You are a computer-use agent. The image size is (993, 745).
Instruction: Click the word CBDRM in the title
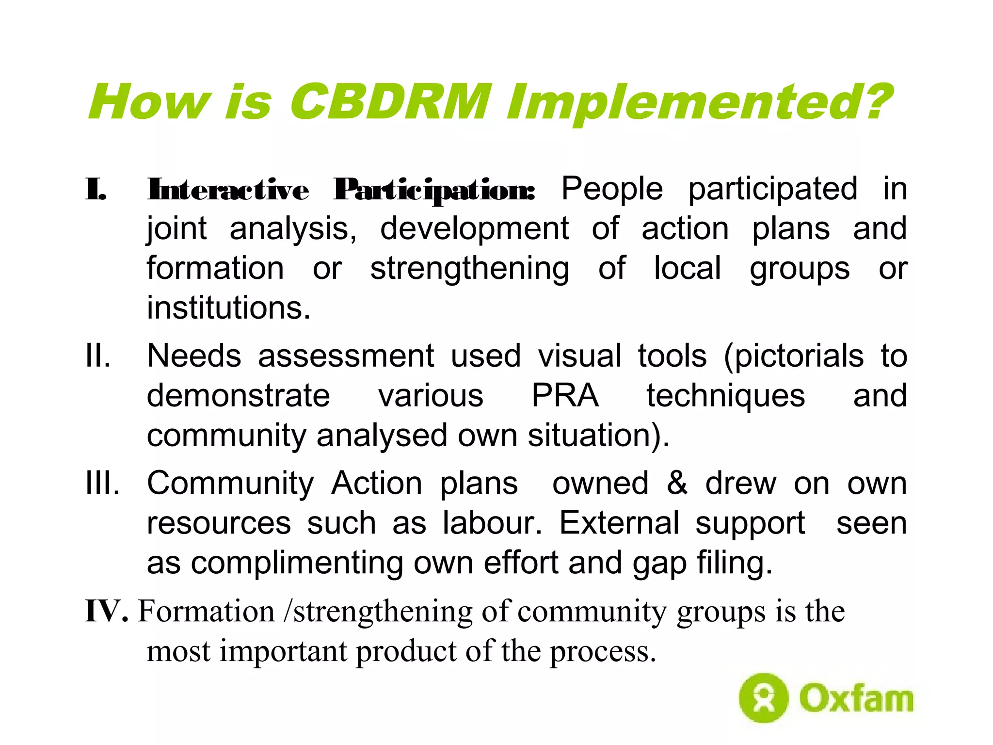(390, 102)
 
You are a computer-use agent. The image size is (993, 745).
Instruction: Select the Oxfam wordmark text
(856, 698)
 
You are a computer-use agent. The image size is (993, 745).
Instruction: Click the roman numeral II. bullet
(98, 356)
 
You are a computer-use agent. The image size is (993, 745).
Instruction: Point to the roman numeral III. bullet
(102, 483)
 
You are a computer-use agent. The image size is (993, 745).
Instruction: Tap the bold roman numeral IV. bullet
(107, 611)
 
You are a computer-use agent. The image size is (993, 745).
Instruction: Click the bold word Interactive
(228, 190)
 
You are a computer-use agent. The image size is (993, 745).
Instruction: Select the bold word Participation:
(434, 191)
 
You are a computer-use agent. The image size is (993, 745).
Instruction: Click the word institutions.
(228, 308)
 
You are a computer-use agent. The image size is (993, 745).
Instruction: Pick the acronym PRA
(565, 396)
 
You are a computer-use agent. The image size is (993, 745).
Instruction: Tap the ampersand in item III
(677, 483)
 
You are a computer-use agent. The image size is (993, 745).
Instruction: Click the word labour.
(492, 523)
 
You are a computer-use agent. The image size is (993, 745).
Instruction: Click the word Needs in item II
(194, 356)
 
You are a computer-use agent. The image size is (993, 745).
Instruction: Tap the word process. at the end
(603, 651)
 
